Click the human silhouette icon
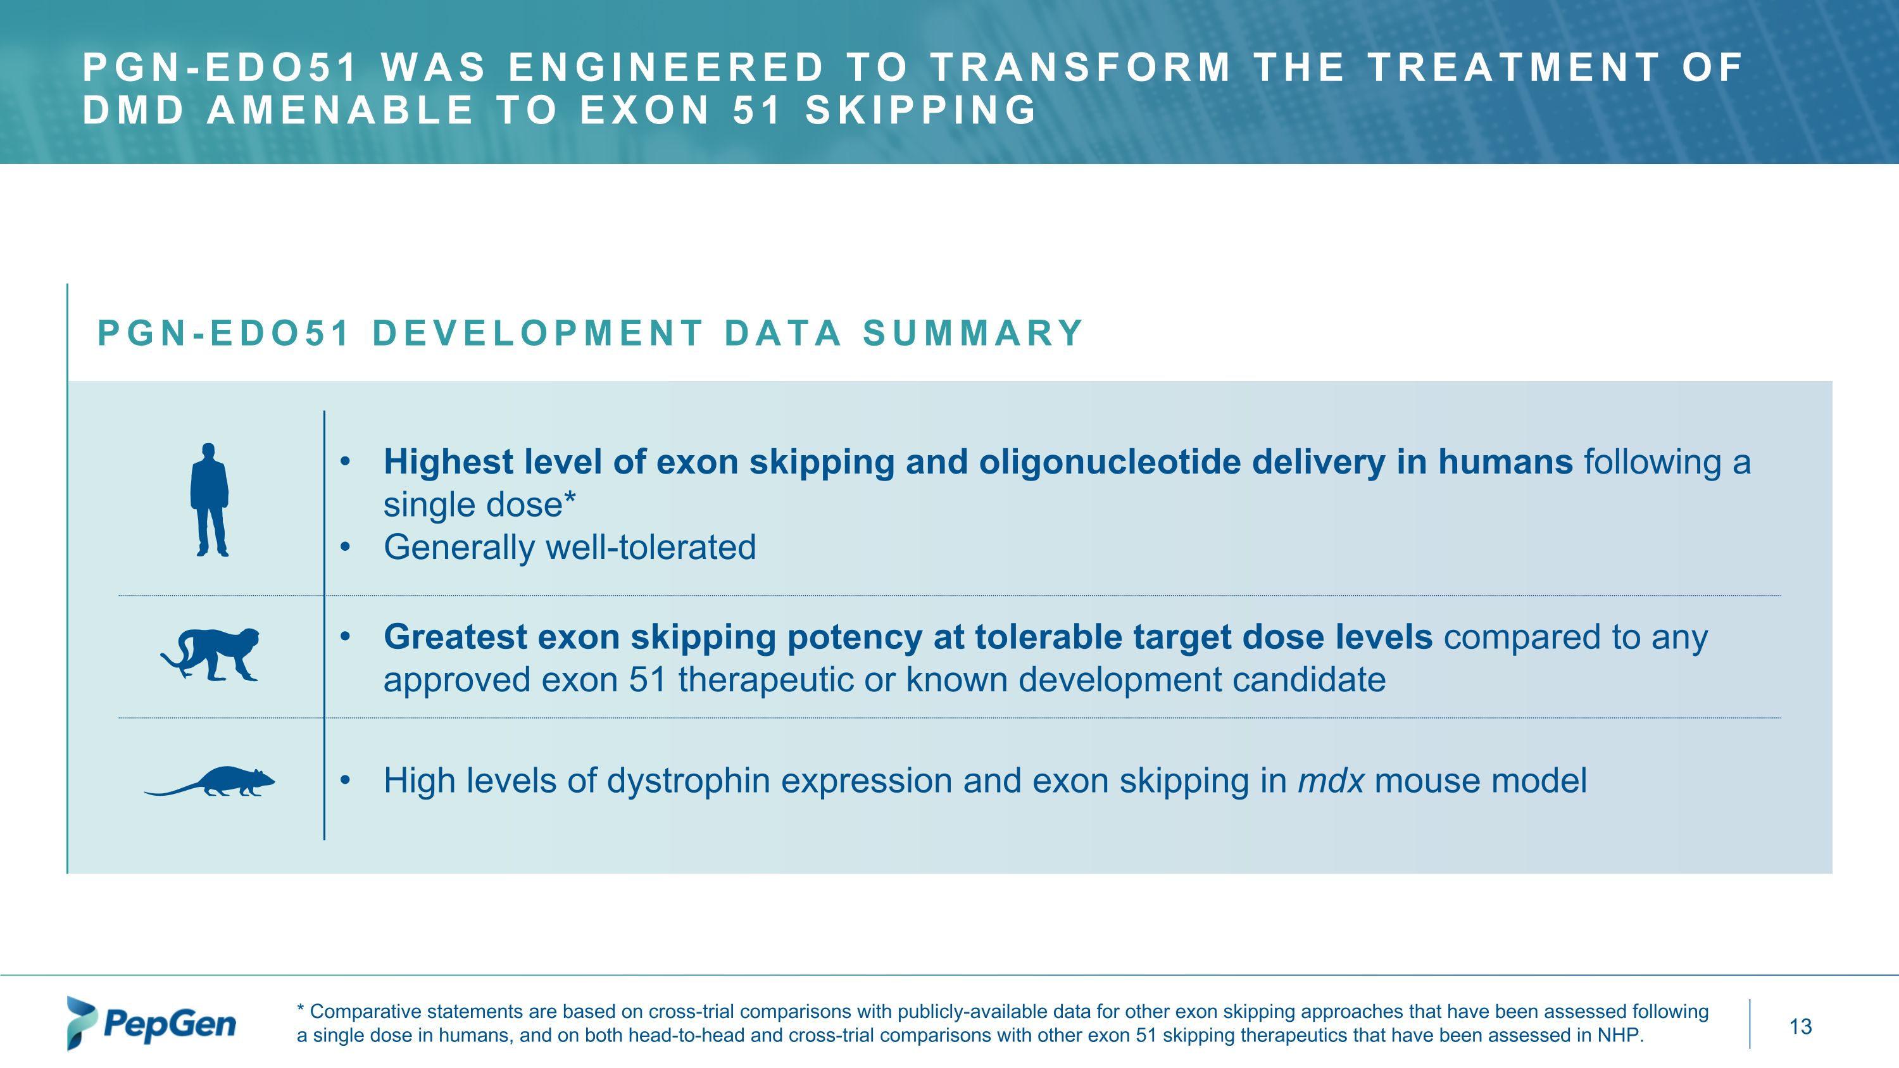(210, 499)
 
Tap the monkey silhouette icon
(211, 655)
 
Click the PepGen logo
(152, 1023)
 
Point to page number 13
(1800, 1026)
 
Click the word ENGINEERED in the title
(666, 68)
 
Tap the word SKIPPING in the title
(921, 111)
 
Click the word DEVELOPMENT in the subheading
(538, 333)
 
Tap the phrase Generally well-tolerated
(569, 548)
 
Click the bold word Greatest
(455, 637)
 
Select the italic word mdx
(1331, 781)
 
